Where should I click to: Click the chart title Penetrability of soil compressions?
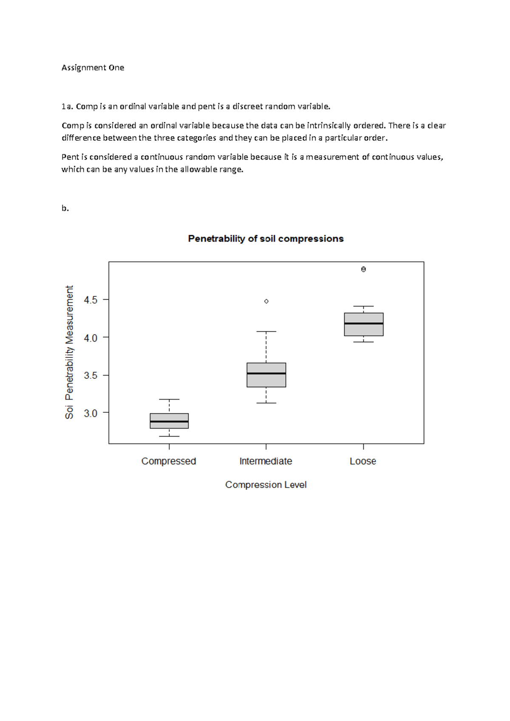[x=266, y=239]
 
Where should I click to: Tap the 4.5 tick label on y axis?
[x=91, y=300]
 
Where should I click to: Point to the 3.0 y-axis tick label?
[x=91, y=413]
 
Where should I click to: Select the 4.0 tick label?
[x=91, y=338]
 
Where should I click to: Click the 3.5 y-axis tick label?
[x=91, y=376]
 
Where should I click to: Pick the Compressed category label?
[x=169, y=461]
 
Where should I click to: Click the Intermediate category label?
[x=266, y=461]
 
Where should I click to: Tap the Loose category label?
[x=363, y=461]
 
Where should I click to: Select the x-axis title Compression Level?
[x=266, y=485]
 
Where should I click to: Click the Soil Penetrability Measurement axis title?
[x=69, y=352]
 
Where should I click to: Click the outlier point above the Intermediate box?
[x=266, y=301]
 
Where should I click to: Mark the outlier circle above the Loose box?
[x=363, y=270]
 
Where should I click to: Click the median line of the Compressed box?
[x=169, y=421]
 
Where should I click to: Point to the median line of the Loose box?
[x=364, y=324]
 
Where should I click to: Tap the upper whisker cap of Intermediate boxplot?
[x=266, y=332]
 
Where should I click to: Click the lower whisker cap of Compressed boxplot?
[x=169, y=436]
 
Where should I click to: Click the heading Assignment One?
[x=93, y=68]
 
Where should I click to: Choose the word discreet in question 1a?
[x=247, y=106]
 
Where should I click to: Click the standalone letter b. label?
[x=65, y=208]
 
